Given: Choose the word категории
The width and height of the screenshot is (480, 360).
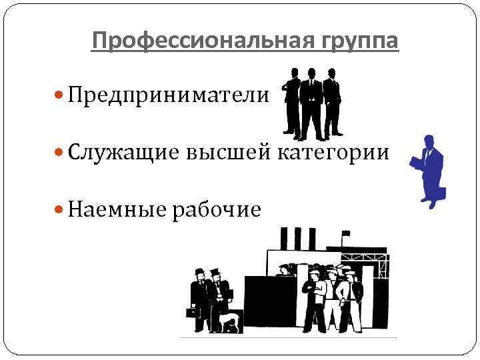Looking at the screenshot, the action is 333,153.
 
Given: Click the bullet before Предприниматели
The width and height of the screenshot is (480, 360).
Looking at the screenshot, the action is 60,96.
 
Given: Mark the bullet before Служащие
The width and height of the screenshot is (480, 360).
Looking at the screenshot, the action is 60,153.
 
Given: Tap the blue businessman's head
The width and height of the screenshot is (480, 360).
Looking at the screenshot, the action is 429,141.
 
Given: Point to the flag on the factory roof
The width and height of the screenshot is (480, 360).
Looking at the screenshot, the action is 346,233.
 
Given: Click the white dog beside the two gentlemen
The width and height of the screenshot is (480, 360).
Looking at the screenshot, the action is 231,323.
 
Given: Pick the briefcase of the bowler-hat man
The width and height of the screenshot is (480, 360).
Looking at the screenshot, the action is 191,312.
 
